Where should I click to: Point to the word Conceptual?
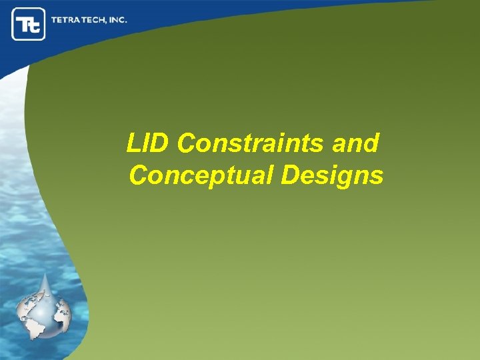200,175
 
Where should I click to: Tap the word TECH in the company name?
96,20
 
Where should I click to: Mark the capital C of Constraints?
188,143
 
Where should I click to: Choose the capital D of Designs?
291,175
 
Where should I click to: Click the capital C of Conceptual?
139,175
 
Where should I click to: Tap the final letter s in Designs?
377,177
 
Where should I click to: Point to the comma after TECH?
109,23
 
